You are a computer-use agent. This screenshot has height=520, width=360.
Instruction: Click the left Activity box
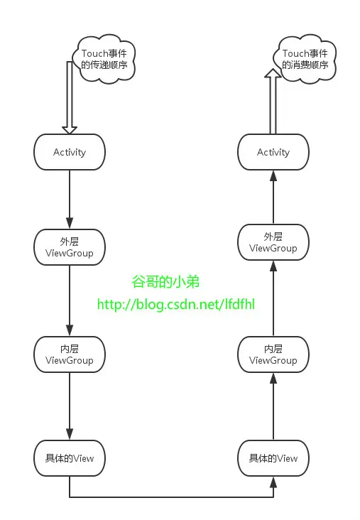tap(70, 152)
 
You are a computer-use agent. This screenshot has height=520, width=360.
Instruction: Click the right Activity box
tap(273, 152)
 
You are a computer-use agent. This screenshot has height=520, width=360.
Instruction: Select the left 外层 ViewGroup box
tap(70, 247)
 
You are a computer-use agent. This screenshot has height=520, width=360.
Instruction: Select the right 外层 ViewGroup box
tap(273, 242)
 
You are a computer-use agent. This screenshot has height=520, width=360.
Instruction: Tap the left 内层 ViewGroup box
tap(70, 354)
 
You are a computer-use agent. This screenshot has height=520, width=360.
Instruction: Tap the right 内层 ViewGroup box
tap(273, 354)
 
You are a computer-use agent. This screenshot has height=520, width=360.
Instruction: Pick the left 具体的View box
tap(70, 458)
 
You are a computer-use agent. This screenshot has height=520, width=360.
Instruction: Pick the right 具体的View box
tap(273, 458)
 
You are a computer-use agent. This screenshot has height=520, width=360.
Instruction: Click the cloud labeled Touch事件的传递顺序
tap(104, 60)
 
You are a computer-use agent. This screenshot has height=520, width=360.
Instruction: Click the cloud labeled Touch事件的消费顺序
tap(305, 60)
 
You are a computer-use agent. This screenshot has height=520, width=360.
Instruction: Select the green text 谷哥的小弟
tap(165, 282)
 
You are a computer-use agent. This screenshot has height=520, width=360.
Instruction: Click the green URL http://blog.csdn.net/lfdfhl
tap(175, 305)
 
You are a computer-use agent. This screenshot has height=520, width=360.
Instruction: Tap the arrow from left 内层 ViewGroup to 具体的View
tap(70, 405)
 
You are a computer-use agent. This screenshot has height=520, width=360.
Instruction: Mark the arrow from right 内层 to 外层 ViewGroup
tap(273, 298)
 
